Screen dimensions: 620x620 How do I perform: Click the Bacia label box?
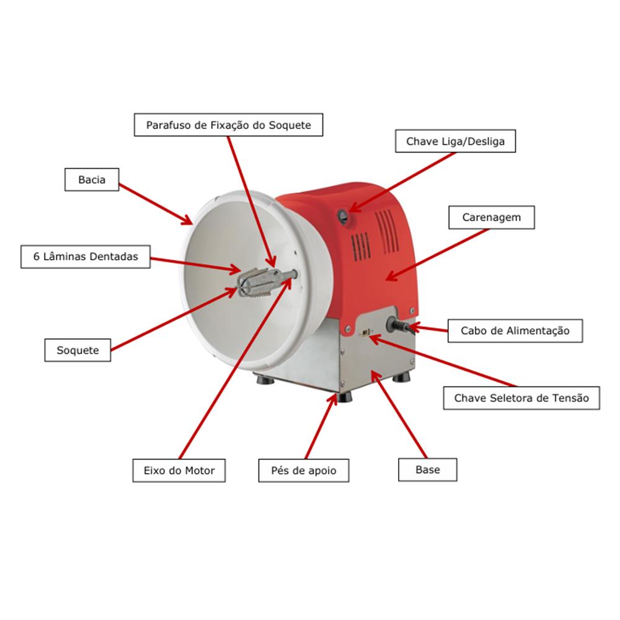click(x=92, y=180)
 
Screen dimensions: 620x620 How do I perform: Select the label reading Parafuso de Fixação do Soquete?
click(x=229, y=125)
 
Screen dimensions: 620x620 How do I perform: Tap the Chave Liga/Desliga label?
click(x=455, y=141)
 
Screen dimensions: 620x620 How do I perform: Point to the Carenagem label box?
click(x=492, y=217)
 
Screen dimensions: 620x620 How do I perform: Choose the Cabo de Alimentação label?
click(x=515, y=330)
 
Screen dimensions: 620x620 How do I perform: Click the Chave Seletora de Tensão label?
click(x=521, y=398)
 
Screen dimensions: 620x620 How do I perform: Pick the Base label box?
click(x=427, y=470)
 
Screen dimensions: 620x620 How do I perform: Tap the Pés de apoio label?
click(x=304, y=471)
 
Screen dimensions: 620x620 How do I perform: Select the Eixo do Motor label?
click(x=179, y=471)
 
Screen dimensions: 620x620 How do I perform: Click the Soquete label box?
click(x=77, y=350)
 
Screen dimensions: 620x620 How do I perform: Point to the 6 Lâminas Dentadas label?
click(x=86, y=257)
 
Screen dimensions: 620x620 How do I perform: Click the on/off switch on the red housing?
click(x=343, y=216)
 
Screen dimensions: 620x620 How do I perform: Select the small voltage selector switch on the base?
click(x=366, y=332)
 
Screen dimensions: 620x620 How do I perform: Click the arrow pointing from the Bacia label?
click(x=156, y=204)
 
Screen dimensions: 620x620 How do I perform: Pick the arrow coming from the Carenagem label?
click(x=437, y=255)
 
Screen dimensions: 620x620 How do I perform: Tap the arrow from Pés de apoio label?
click(x=321, y=426)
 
